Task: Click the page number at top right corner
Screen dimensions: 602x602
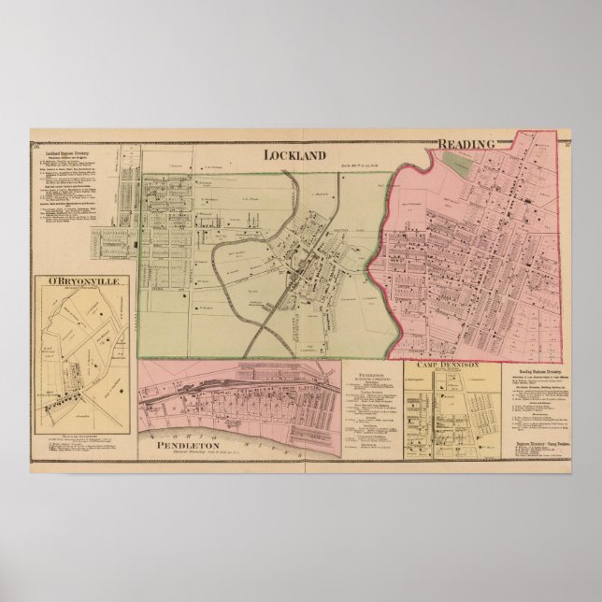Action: point(569,144)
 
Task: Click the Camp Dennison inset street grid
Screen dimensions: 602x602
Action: point(445,402)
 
